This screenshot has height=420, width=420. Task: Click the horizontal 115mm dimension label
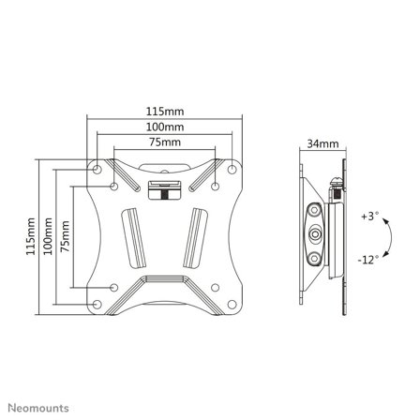tap(165, 111)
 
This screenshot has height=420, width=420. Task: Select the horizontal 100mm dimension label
tap(165, 127)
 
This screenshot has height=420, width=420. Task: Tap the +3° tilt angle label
tap(368, 217)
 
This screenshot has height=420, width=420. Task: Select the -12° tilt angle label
tap(369, 260)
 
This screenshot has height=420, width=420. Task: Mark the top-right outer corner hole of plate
tap(232, 170)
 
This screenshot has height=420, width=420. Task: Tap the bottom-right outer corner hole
tap(232, 304)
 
